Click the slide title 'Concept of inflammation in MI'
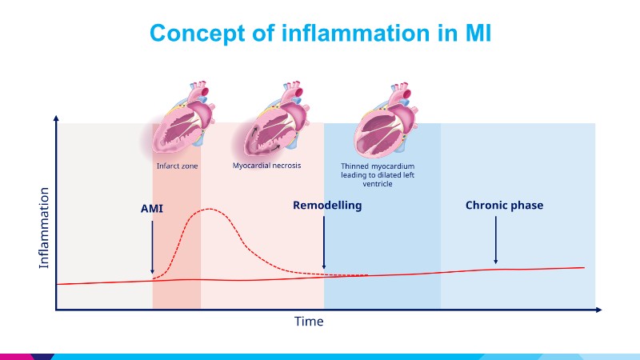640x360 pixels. tap(320, 33)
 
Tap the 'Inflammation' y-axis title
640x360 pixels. tap(44, 228)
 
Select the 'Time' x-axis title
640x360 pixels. tap(309, 322)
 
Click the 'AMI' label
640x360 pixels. tap(152, 208)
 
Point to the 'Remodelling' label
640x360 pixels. tap(327, 206)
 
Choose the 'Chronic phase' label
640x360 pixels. tap(504, 206)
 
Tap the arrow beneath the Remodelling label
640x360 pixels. tap(324, 244)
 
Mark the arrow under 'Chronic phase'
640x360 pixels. tap(496, 240)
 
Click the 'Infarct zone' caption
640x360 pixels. tap(177, 166)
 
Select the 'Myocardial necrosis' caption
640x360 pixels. tap(266, 166)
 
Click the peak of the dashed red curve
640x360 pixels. tap(209, 210)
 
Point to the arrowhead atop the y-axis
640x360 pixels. tap(56, 118)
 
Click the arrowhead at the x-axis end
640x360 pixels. tap(601, 309)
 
